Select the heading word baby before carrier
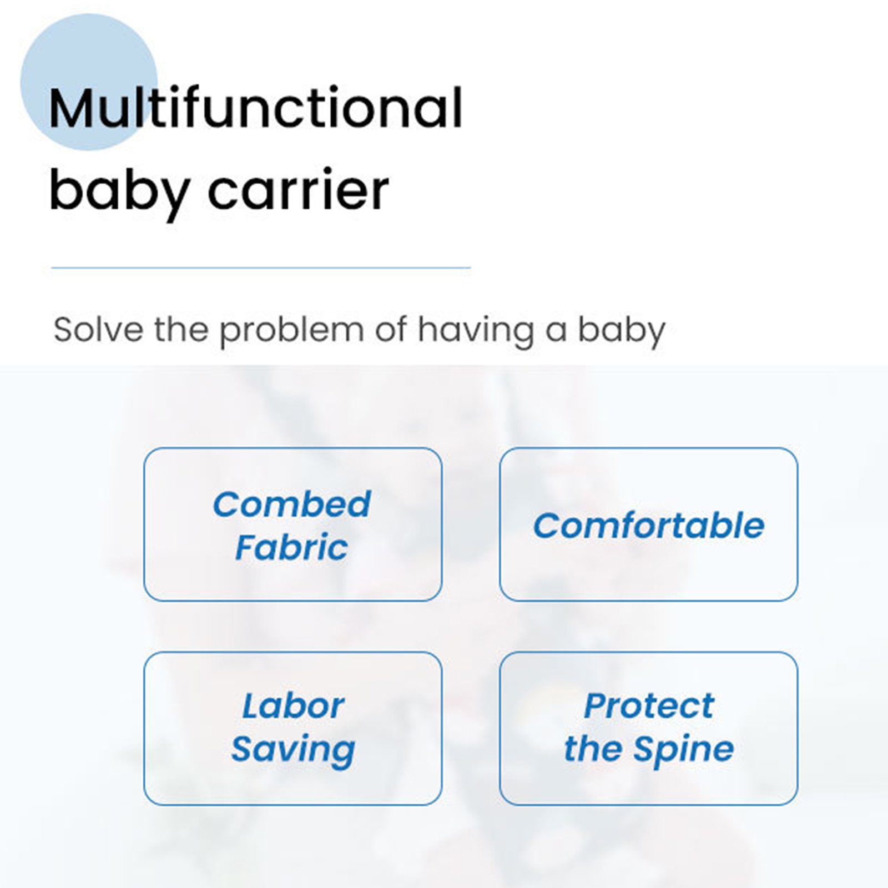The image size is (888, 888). tap(119, 193)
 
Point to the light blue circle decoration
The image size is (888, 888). tap(89, 82)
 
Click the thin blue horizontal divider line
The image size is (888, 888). tap(261, 268)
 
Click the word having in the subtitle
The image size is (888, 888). tap(476, 332)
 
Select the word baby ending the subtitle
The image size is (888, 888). tap(622, 332)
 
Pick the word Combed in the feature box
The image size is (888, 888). tap(292, 504)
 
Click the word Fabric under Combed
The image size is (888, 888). tap(292, 547)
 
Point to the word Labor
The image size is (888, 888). tap(293, 706)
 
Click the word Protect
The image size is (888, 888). tap(649, 706)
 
